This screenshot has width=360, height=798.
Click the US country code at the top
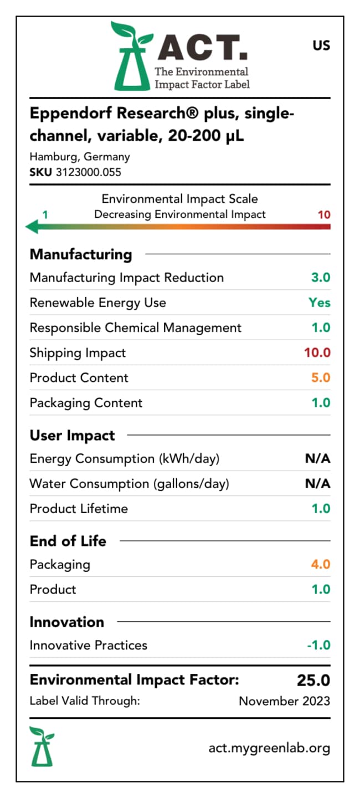[x=321, y=45]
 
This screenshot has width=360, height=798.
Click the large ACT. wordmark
[x=202, y=47]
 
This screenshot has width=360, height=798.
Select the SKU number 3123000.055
[x=88, y=172]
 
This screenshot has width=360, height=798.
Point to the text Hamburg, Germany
[x=80, y=157]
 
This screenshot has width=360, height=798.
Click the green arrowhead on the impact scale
[x=32, y=227]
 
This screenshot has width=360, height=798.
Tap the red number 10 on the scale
[x=324, y=214]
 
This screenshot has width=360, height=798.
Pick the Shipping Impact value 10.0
[x=317, y=352]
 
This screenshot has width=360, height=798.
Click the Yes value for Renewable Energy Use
[x=320, y=303]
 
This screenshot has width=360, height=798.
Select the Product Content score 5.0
[x=321, y=377]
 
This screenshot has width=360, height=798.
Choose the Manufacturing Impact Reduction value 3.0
[x=321, y=278]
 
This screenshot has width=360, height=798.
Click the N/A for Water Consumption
[x=317, y=483]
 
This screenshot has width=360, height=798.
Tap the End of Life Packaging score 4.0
[x=321, y=564]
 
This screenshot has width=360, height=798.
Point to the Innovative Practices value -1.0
[x=318, y=645]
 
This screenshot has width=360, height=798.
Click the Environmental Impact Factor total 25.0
[x=313, y=680]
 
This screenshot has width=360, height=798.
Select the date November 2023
[x=285, y=701]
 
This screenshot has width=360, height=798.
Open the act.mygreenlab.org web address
[x=270, y=748]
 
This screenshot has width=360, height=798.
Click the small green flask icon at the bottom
[x=42, y=746]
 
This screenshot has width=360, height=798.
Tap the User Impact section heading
[x=73, y=436]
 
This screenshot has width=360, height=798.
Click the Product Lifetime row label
[x=79, y=509]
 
